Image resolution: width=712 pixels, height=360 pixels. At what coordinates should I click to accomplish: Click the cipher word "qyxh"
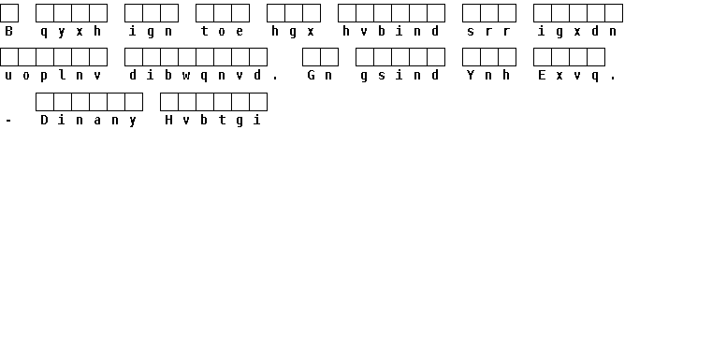(71, 32)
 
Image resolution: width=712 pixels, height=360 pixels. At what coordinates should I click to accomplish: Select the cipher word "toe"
(222, 31)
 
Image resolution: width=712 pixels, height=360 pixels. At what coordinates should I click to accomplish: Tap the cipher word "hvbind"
(391, 31)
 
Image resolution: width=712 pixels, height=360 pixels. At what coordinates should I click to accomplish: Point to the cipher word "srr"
(488, 32)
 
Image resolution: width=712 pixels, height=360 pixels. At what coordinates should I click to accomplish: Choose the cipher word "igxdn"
(577, 31)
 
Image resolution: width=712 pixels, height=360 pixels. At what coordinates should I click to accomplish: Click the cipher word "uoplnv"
(53, 76)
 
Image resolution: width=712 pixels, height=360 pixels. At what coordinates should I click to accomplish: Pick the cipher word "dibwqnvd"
(196, 76)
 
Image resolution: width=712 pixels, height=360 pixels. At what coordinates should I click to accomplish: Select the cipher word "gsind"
(400, 76)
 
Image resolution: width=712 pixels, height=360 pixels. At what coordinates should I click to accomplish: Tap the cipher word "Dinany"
(89, 121)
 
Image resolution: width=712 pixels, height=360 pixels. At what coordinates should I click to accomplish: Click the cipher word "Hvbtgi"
(213, 121)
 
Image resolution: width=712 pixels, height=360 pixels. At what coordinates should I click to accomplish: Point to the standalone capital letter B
(8, 31)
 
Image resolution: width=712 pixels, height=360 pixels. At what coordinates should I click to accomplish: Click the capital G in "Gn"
(311, 75)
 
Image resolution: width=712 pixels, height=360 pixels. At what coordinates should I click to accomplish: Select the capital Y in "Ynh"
(471, 75)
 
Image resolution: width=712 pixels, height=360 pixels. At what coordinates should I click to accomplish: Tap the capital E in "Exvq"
(542, 75)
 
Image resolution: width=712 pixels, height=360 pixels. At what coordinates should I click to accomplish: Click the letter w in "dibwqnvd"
(186, 76)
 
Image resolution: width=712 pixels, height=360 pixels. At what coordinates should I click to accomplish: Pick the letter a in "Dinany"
(97, 121)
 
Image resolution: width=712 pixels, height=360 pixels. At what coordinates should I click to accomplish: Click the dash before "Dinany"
(8, 121)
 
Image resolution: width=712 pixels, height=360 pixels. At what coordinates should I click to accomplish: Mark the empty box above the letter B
(9, 13)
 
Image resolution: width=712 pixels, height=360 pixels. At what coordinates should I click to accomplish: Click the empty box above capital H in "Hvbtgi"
(169, 102)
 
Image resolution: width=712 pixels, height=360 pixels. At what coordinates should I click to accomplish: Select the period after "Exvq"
(613, 79)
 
